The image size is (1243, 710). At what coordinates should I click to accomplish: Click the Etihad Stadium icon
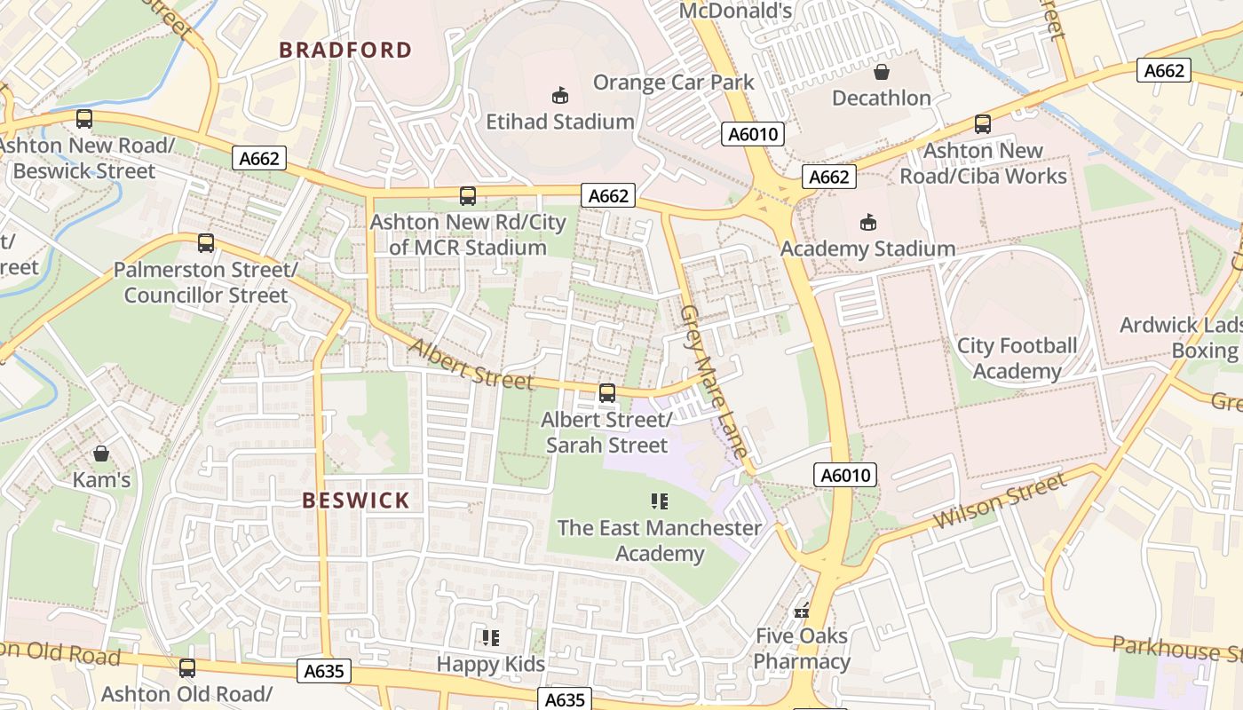click(560, 95)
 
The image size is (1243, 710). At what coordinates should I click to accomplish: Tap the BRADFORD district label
click(346, 50)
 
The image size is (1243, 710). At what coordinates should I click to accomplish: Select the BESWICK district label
click(356, 501)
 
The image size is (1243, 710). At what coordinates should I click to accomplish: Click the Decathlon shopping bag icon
click(882, 72)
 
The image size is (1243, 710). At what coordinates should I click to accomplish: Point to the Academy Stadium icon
click(867, 223)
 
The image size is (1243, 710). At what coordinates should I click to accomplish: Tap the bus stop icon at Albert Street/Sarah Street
click(607, 392)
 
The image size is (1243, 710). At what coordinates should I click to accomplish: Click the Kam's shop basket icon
click(101, 454)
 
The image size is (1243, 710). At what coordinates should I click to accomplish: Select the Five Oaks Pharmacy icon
click(802, 610)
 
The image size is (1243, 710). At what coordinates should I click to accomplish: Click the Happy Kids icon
click(491, 637)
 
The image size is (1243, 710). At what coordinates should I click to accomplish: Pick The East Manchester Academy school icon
click(659, 501)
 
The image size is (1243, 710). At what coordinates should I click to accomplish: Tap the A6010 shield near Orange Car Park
click(753, 134)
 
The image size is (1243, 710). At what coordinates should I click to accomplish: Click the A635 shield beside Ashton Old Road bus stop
click(323, 671)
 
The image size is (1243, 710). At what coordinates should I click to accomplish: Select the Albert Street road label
click(471, 364)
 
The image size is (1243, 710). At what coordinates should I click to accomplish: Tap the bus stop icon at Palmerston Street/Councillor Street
click(206, 242)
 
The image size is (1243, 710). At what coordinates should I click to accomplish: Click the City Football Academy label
click(1017, 358)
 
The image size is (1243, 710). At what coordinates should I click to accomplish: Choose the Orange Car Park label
click(673, 83)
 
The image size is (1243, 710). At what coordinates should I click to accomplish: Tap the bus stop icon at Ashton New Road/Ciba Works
click(982, 124)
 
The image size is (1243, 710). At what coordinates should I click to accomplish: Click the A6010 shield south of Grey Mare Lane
click(845, 475)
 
